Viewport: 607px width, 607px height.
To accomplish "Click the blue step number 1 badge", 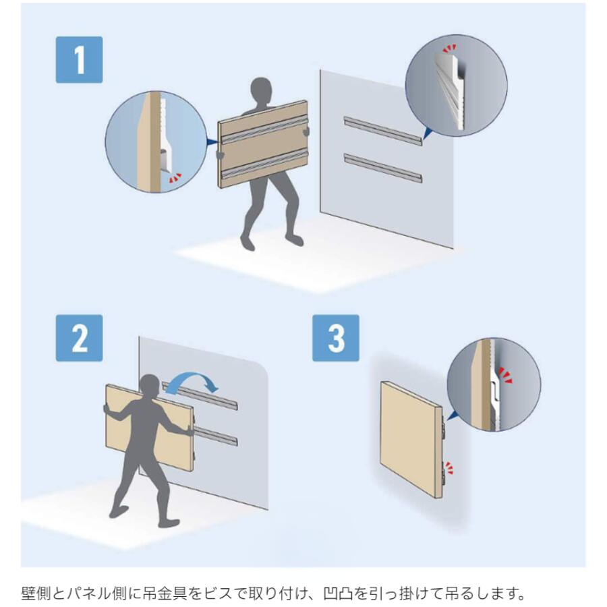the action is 79,59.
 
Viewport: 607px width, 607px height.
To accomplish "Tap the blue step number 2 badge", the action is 79,338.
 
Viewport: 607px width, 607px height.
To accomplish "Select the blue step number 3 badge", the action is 336,338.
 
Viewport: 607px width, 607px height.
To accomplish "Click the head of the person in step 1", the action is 261,90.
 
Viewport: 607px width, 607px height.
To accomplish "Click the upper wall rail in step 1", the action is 382,131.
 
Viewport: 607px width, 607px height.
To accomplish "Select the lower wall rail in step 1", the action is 382,168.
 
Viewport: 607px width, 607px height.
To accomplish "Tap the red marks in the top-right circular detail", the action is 449,49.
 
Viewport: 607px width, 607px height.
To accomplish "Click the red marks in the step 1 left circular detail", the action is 175,177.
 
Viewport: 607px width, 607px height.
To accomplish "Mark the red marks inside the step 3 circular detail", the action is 505,376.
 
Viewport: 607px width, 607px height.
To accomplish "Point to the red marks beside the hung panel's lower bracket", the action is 449,467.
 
